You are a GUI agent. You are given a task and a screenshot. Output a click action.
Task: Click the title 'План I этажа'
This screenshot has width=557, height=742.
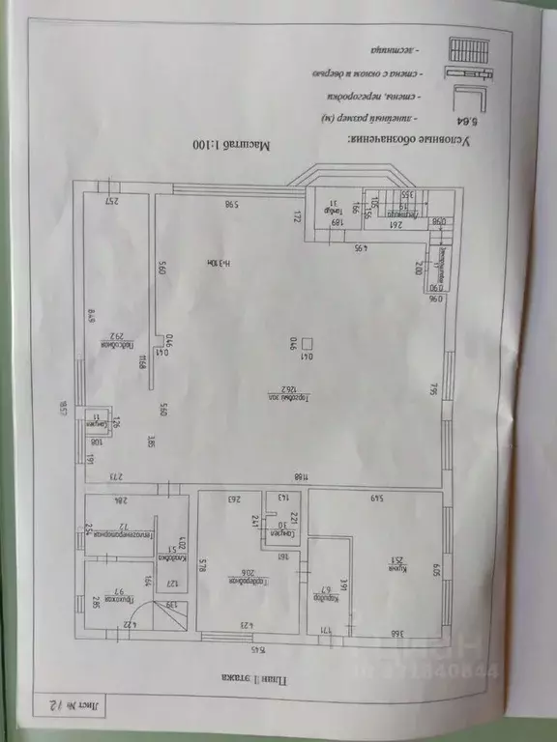click(x=252, y=678)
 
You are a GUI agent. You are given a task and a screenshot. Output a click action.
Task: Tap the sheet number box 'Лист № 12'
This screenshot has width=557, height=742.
click(x=69, y=707)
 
